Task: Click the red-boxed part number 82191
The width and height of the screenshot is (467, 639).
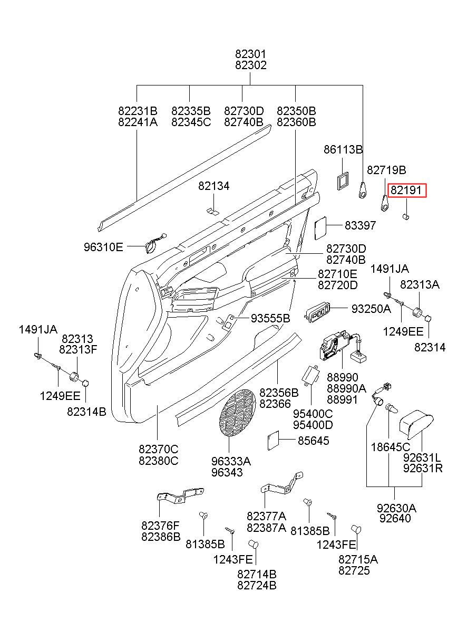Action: (406, 190)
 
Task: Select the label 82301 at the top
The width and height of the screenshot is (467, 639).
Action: (251, 54)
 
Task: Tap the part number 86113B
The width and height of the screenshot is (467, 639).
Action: (343, 149)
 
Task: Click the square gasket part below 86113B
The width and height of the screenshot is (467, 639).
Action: (342, 181)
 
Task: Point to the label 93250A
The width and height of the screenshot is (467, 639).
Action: (371, 308)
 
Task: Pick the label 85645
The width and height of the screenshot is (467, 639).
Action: (314, 441)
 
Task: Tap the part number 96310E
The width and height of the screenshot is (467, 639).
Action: (103, 247)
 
